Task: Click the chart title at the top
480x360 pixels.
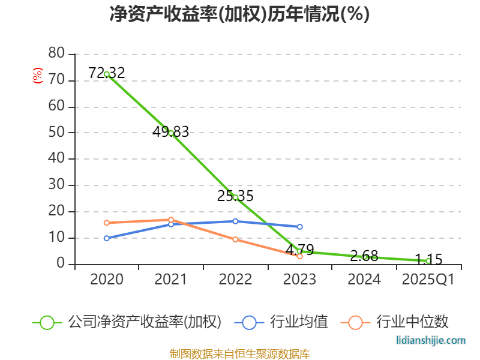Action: pyautogui.click(x=239, y=14)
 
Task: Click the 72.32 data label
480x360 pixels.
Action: pyautogui.click(x=107, y=73)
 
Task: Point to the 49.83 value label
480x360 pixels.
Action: pyautogui.click(x=170, y=132)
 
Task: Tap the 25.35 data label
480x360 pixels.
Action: pyautogui.click(x=235, y=196)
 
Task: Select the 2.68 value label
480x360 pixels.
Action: pyautogui.click(x=364, y=257)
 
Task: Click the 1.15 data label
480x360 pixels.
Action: pyautogui.click(x=428, y=260)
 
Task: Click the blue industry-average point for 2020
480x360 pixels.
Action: pyautogui.click(x=107, y=238)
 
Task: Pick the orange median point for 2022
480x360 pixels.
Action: pyautogui.click(x=235, y=239)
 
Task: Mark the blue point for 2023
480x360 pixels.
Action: pyautogui.click(x=299, y=227)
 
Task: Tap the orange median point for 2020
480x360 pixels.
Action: pyautogui.click(x=107, y=223)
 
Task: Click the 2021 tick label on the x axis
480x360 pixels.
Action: pyautogui.click(x=170, y=280)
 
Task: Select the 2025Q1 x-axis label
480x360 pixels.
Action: pyautogui.click(x=428, y=280)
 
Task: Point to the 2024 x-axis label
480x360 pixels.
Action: pyautogui.click(x=364, y=280)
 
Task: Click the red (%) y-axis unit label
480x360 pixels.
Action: pyautogui.click(x=38, y=76)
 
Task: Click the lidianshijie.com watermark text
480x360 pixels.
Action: pyautogui.click(x=431, y=341)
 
